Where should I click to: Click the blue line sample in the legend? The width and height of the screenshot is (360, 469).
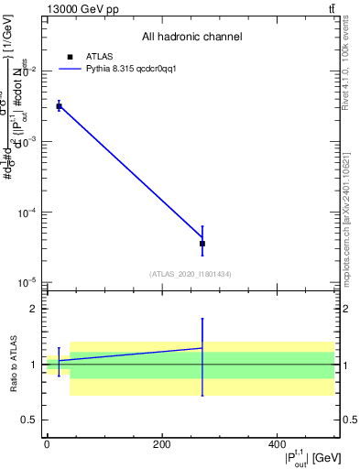pos(70,69)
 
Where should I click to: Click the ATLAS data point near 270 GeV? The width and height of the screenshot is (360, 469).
pos(202,244)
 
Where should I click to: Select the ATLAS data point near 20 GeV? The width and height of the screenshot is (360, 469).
pos(59,106)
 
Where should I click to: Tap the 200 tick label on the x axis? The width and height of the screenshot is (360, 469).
pos(161,444)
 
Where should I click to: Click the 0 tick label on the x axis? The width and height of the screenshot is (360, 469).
pos(47,444)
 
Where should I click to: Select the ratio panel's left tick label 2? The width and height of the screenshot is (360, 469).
pos(30,310)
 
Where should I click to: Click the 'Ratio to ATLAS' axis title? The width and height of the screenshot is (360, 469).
pos(12,364)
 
